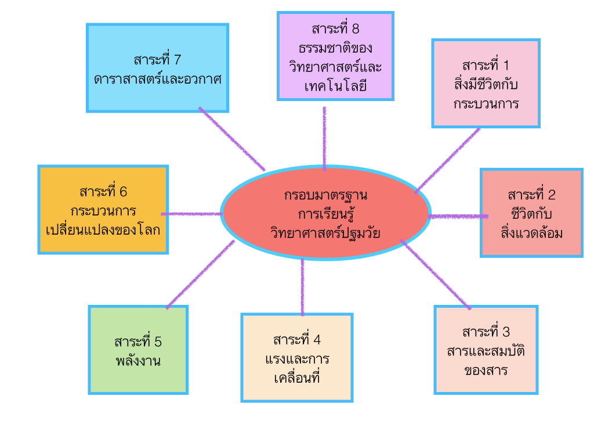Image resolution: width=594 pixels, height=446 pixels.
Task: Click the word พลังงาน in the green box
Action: (x=138, y=361)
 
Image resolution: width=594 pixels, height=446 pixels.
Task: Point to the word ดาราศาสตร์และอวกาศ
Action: (x=158, y=79)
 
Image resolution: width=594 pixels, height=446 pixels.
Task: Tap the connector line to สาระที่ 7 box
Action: (x=231, y=139)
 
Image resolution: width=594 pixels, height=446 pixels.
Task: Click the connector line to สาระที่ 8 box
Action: (x=324, y=138)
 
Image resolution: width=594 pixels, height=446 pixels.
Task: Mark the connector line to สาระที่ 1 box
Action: (x=448, y=160)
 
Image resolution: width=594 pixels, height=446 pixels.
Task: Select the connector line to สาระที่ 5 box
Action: (x=200, y=274)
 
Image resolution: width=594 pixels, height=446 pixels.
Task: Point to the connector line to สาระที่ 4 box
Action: (x=302, y=287)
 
